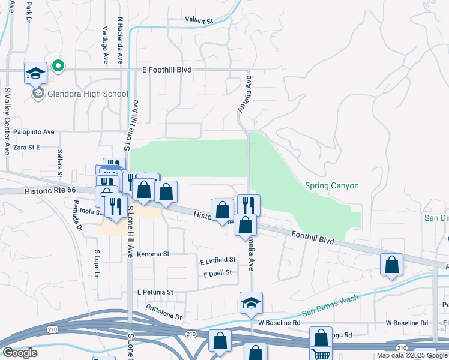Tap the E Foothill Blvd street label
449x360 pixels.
click(x=167, y=70)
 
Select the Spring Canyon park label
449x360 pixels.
click(x=331, y=185)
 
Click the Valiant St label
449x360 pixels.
click(x=199, y=20)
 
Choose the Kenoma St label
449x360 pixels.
click(x=153, y=254)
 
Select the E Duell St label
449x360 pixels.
click(x=217, y=273)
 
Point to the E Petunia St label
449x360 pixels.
click(x=155, y=292)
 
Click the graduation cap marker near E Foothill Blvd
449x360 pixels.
click(x=35, y=74)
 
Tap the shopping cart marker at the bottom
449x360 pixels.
click(x=321, y=353)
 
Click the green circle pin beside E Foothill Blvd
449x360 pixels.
click(x=58, y=65)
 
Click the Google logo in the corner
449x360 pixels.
click(x=20, y=353)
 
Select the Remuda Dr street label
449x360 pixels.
click(x=76, y=215)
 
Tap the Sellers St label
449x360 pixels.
click(x=60, y=163)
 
